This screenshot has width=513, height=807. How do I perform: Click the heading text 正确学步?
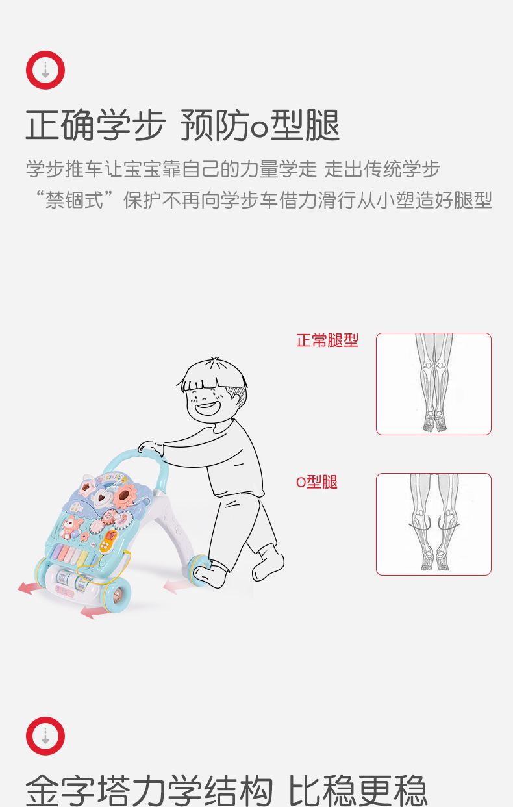click(95, 125)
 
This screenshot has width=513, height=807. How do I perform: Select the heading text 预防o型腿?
click(260, 125)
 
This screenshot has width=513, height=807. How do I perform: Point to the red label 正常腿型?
click(327, 340)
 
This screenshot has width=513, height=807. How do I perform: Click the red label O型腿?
click(317, 481)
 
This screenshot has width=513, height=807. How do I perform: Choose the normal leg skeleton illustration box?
click(434, 384)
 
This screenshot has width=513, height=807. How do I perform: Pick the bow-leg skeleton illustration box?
click(434, 524)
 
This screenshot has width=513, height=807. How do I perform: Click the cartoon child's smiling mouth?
click(207, 408)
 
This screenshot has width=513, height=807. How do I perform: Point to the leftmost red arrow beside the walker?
click(31, 587)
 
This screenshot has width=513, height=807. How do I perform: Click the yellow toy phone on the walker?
click(108, 541)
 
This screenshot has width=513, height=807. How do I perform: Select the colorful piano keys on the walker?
click(75, 557)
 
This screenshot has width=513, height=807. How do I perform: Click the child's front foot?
click(210, 573)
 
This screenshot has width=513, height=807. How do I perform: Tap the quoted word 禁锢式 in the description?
click(75, 199)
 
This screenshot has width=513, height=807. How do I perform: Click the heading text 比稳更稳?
click(358, 790)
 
